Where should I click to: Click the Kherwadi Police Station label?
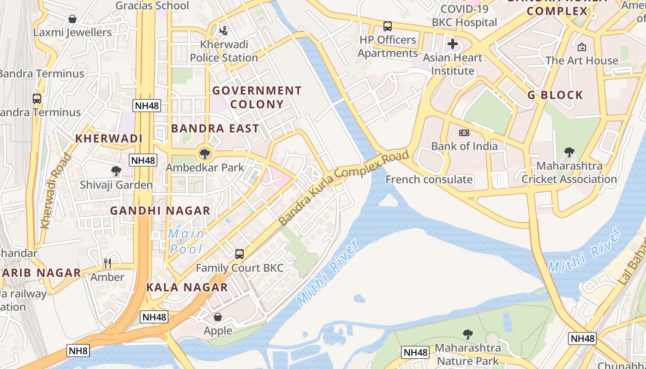pos(224,51)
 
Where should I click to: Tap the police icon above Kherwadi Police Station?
pos(224,30)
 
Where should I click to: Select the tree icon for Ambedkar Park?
pos(205,153)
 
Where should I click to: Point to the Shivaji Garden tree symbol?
pos(116,172)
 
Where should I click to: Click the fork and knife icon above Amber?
pos(108,263)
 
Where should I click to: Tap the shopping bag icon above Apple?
pos(218,317)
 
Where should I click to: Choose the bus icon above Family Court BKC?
pos(239,254)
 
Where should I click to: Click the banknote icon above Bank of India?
pos(464,133)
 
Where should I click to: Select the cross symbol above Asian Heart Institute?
pos(453,44)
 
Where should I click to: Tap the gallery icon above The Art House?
pos(582,47)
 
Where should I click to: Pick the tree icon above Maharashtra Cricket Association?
pos(569,152)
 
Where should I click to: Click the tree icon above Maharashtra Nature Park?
pos(468,334)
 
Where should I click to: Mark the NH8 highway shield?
pos(78,351)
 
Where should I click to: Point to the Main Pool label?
pos(186,241)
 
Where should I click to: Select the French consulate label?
pos(429,179)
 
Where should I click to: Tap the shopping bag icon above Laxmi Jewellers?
pos(72,19)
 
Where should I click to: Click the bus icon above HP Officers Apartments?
pos(388,26)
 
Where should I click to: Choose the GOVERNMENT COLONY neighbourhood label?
pos(257,97)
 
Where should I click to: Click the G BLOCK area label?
pos(556,95)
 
